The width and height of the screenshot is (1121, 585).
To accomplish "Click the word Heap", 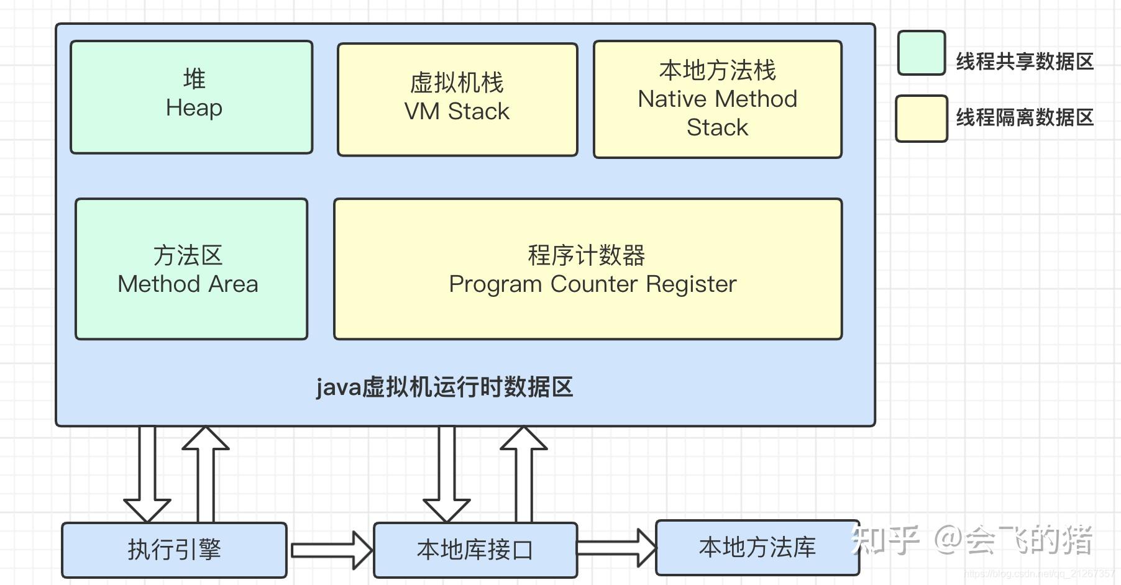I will tap(194, 108).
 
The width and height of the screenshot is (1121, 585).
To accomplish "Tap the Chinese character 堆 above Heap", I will tap(194, 79).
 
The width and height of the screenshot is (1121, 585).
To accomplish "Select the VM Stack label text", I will tap(457, 112).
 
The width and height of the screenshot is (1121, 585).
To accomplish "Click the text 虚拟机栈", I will tap(457, 83).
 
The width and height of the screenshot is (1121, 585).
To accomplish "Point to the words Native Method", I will tap(717, 99).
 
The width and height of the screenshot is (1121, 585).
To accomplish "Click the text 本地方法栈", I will tap(717, 70).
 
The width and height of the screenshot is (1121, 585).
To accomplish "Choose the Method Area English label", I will tap(188, 284).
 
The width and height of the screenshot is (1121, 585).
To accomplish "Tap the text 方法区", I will tap(188, 255).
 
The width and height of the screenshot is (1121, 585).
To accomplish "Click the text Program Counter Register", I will tap(592, 284).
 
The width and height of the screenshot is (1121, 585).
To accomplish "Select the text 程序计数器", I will tap(587, 255).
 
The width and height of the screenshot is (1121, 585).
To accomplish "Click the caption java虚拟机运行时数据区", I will tap(444, 388).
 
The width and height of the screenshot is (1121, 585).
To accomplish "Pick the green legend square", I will tap(921, 53).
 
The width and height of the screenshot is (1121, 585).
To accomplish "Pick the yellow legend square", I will tap(921, 118).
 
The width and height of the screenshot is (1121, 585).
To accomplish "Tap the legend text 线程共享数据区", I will tap(1024, 61).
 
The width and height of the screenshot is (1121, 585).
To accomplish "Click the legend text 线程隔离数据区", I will tap(1024, 117).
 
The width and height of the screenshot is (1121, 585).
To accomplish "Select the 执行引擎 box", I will tap(174, 550).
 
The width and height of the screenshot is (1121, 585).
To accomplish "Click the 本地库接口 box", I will tap(475, 550).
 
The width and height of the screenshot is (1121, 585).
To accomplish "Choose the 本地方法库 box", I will tap(757, 547).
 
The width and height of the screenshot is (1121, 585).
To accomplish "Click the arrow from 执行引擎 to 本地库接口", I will tap(331, 550).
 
